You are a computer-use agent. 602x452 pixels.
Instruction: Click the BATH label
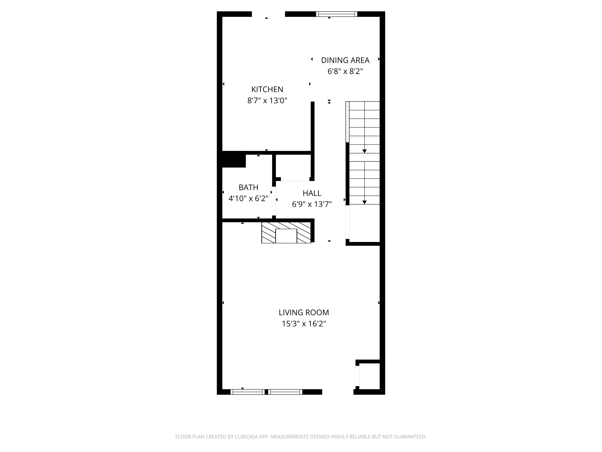tap(248, 187)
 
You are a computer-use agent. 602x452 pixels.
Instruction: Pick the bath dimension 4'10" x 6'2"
tap(248, 199)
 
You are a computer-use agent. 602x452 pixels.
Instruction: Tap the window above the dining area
tap(337, 14)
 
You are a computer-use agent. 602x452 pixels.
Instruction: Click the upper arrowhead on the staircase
tap(364, 151)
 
